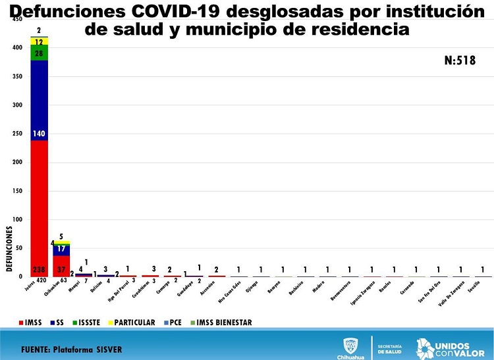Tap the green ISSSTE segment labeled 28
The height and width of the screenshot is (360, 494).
point(39,53)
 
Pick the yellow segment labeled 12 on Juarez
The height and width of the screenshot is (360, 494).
point(39,41)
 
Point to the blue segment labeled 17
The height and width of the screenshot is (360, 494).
point(61,249)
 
